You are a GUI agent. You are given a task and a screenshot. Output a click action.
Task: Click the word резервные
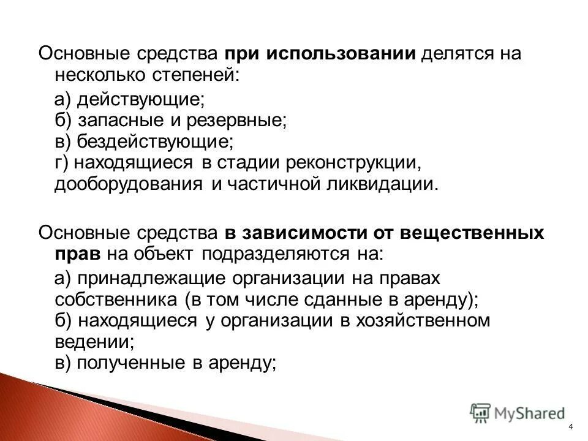(243, 119)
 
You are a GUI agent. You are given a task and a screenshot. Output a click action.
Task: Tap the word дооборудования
(128, 185)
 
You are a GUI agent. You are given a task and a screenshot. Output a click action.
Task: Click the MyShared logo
(518, 413)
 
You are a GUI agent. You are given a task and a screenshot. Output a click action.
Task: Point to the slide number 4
(571, 427)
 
